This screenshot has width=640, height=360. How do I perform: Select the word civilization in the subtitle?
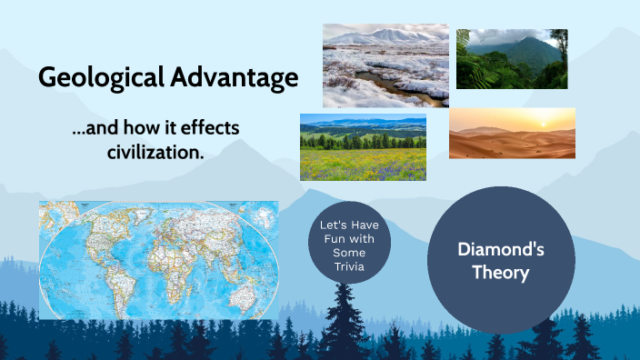click(154, 152)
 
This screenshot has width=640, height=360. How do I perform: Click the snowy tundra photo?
click(385, 65)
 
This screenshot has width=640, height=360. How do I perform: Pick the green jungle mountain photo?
click(512, 59)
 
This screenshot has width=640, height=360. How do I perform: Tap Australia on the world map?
click(240, 289)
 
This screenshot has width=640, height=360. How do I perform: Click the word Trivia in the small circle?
click(348, 265)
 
